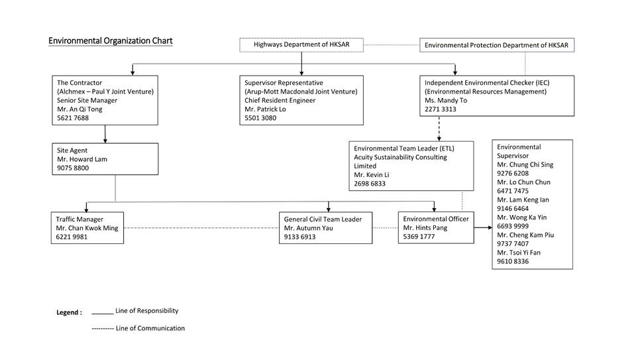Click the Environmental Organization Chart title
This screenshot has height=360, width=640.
point(110,41)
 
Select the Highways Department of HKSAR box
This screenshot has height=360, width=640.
point(301,45)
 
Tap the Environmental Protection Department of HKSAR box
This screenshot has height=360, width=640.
point(496,45)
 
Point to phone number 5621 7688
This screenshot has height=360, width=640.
point(73,118)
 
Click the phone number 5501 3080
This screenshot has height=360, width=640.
point(260,118)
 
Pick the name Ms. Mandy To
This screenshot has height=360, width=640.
point(446,101)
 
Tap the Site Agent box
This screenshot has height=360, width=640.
point(105,159)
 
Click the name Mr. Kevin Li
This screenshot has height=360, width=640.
point(372,175)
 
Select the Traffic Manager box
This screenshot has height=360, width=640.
point(87,227)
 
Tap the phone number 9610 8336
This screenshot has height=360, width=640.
point(513,261)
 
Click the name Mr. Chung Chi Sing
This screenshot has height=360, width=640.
point(525,164)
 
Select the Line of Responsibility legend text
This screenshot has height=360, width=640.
point(146,310)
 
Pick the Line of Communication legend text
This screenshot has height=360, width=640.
point(150,328)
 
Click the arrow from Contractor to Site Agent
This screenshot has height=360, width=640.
point(105,134)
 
